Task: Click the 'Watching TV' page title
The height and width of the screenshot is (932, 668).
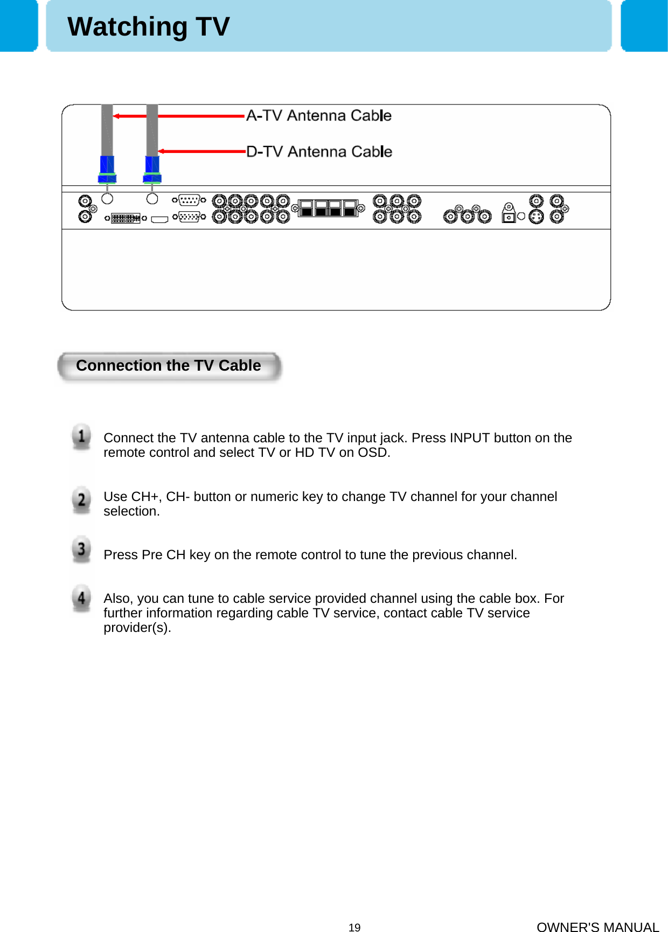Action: tap(148, 26)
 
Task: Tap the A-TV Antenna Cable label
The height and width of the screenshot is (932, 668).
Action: tap(318, 116)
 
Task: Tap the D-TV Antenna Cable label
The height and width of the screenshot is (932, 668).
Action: tap(319, 152)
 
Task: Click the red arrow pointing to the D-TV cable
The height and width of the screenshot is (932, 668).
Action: tap(202, 151)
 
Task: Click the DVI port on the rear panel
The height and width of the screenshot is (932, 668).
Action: tap(126, 218)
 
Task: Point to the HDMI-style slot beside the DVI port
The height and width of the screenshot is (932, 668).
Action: tap(159, 219)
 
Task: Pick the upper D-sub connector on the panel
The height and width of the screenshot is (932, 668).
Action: tap(189, 200)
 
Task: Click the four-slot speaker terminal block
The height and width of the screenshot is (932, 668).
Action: tap(328, 208)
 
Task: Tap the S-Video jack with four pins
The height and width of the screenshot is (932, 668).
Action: tap(536, 217)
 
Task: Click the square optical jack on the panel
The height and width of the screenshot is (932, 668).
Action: tap(509, 217)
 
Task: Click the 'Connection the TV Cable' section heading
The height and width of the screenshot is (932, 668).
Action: tap(169, 366)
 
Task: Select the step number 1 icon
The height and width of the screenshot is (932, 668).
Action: tap(81, 437)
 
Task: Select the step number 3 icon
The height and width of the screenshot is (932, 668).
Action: tap(81, 549)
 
